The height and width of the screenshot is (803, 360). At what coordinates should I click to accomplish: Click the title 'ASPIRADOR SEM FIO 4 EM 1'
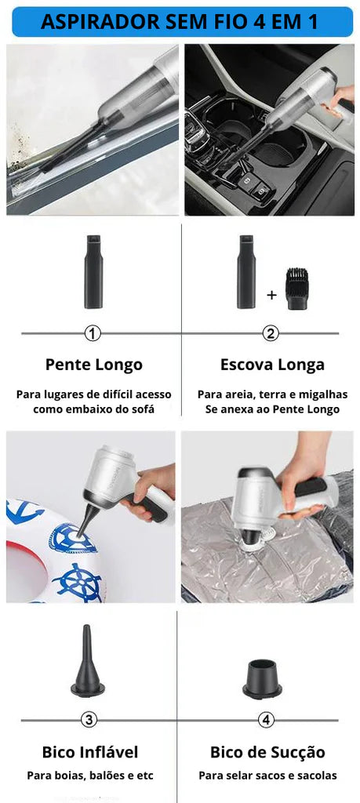(180, 22)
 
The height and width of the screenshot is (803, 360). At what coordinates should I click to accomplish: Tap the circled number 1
(93, 334)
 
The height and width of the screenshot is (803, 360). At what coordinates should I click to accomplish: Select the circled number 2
(271, 334)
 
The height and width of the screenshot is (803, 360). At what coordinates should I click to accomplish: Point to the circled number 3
(89, 720)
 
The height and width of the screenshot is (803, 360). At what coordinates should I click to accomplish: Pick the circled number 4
(266, 720)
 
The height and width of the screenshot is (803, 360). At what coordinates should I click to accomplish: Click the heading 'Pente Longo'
(93, 365)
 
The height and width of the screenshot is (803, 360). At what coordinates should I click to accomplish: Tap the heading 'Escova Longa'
(272, 365)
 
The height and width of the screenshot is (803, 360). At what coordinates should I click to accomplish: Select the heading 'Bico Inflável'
(90, 752)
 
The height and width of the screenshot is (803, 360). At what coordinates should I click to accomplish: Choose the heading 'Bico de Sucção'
(267, 752)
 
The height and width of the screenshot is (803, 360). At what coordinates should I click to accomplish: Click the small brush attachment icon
(296, 289)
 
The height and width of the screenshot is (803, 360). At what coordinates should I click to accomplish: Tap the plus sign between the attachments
(271, 295)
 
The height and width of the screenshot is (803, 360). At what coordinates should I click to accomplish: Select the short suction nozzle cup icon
(262, 678)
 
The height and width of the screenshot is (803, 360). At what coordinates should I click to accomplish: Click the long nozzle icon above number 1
(93, 272)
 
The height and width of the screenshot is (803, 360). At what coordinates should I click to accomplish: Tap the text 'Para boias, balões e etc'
(90, 776)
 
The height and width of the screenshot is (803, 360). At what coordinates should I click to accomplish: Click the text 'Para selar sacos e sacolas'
(267, 776)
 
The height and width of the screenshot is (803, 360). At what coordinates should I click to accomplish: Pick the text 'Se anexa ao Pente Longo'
(272, 409)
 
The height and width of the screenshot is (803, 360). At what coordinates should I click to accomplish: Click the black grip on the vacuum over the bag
(311, 486)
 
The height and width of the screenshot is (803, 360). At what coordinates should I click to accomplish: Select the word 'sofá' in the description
(143, 409)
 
